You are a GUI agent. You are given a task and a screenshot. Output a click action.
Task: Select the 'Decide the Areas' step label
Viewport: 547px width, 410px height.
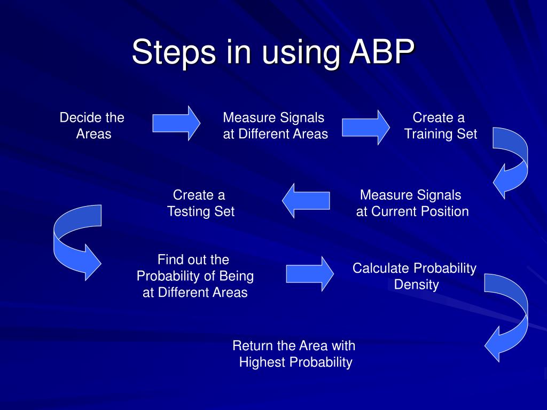[92, 125]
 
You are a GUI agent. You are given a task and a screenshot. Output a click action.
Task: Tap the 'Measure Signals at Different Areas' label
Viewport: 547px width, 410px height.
[275, 125]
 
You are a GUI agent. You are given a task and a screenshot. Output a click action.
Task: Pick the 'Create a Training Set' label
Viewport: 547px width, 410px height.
[440, 125]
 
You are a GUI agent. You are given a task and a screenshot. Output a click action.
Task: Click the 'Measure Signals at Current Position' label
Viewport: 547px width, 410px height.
[412, 203]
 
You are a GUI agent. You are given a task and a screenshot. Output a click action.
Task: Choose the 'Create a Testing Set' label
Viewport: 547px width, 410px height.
[200, 203]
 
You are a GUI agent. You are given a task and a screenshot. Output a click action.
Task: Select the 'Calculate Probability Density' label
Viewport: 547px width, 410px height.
[415, 276]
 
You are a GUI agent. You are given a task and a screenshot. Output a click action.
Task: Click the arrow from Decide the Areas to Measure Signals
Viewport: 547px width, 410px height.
[176, 123]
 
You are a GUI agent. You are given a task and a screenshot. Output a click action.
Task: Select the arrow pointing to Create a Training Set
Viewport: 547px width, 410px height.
[366, 127]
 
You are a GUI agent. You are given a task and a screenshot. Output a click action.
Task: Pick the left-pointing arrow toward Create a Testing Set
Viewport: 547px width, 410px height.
[306, 200]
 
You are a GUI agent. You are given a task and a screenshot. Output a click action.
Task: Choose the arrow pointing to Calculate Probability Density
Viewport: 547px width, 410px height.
[310, 273]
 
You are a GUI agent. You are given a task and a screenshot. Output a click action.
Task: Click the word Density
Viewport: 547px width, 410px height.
[416, 285]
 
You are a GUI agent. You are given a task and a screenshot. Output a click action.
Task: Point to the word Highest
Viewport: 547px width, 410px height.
[262, 362]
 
